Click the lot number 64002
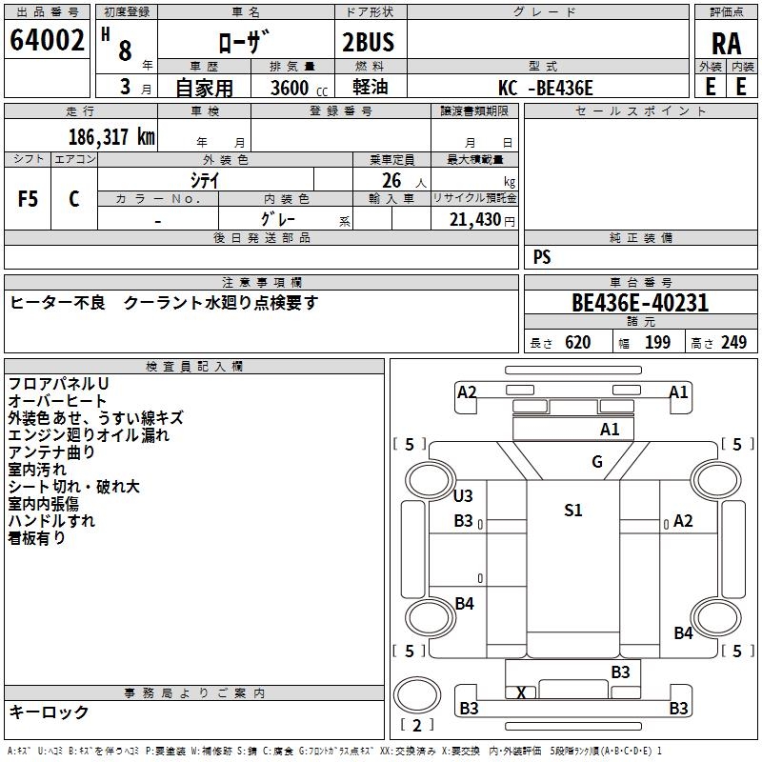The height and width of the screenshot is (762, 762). (x=48, y=41)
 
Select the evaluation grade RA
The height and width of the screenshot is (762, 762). (x=726, y=43)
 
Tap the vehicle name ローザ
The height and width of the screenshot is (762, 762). (x=245, y=43)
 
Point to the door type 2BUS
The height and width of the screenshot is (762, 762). (x=368, y=43)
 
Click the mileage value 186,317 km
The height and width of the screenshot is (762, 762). (x=111, y=137)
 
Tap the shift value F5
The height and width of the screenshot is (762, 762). (x=29, y=199)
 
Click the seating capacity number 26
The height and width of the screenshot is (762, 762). (x=391, y=180)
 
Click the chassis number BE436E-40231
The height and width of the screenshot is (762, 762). (x=639, y=303)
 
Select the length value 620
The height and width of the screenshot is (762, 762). (x=577, y=343)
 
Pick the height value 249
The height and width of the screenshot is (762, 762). (x=733, y=343)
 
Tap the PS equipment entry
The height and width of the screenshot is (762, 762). (x=542, y=257)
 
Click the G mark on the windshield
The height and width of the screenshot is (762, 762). (x=597, y=463)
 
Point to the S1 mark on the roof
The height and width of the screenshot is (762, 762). (x=572, y=511)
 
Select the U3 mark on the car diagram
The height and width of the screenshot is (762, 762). (x=463, y=496)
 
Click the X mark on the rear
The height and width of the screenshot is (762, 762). (x=521, y=692)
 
